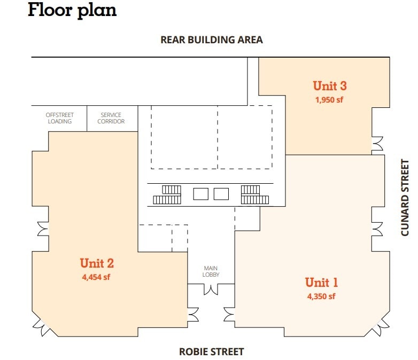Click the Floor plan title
[x=72, y=10]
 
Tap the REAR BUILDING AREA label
[x=212, y=40]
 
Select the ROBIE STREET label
[x=211, y=351]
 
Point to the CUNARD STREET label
[x=405, y=197]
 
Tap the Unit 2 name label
[x=97, y=263]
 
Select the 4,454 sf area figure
[x=96, y=277]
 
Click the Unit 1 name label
[x=321, y=282]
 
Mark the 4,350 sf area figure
[x=321, y=296]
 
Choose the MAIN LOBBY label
[x=211, y=271]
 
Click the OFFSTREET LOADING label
[x=59, y=118]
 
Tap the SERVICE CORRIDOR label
[x=111, y=118]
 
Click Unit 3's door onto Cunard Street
[x=378, y=144]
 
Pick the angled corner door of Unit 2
[x=42, y=323]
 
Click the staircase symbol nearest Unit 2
[x=168, y=194]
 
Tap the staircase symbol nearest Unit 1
[x=254, y=194]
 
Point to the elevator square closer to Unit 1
[x=221, y=193]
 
